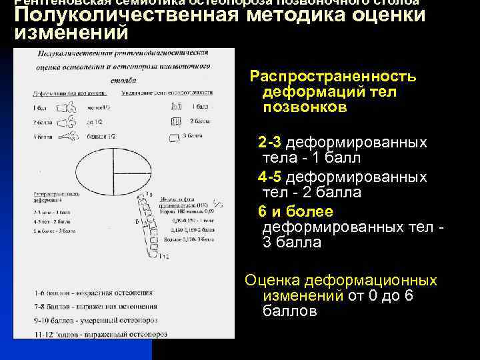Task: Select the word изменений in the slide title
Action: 70,31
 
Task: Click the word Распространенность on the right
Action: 333,76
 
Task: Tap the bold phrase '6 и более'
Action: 295,211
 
